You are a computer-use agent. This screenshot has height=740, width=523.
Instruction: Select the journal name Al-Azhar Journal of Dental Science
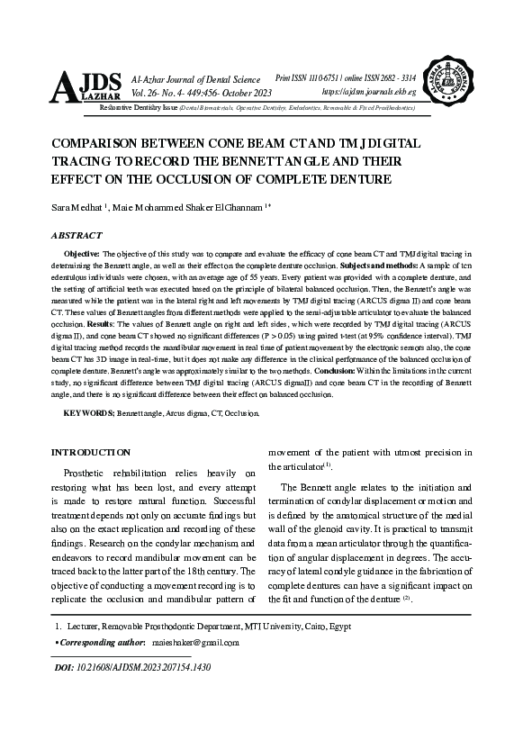click(x=195, y=81)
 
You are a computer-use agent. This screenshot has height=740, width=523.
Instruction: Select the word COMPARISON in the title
click(x=100, y=144)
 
